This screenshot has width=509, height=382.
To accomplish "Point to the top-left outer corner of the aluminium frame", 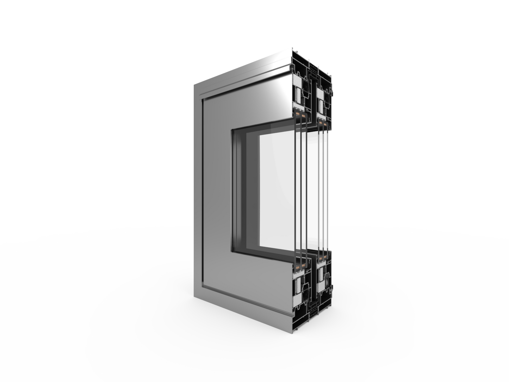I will [193, 84].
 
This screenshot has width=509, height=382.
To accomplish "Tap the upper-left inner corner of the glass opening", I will [231, 130].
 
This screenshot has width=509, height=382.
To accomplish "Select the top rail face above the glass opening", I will [254, 106].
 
